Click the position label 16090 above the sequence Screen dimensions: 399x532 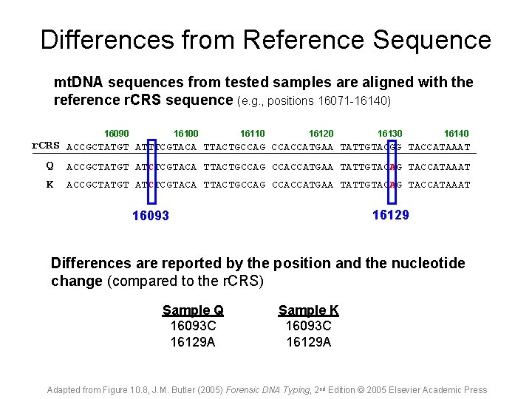coord(117,134)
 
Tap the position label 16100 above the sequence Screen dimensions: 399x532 coord(185,134)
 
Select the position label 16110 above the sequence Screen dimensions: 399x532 coord(253,134)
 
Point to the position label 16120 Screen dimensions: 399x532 coord(321,134)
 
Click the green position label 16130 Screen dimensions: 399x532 coord(389,134)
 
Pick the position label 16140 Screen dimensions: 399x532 coord(456,134)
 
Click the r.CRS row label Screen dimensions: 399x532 coord(46,146)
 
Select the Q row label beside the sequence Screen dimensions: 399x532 coord(50,166)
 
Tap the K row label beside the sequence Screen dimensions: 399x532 coord(50,184)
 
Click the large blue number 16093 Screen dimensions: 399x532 coord(151,216)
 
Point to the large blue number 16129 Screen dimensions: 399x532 coord(391,214)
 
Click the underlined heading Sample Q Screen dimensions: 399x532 coord(193,310)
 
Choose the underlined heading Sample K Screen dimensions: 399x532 coord(308,310)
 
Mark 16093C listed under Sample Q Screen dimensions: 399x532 coord(193,326)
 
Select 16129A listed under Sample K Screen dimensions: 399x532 coord(308,341)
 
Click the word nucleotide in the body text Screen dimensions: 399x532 coord(429,264)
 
